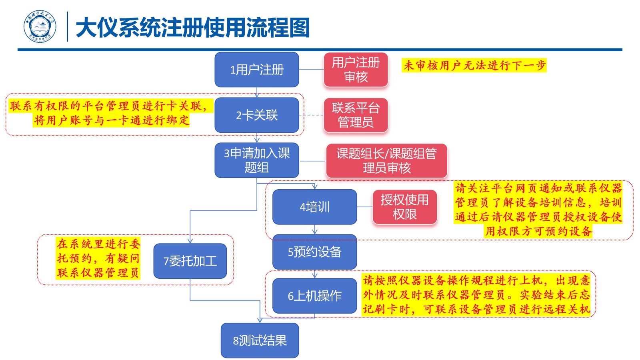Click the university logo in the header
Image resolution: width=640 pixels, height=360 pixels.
[x=40, y=27]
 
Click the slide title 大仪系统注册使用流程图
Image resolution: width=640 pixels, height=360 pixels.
[x=192, y=28]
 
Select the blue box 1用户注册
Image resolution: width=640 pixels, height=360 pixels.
[x=257, y=70]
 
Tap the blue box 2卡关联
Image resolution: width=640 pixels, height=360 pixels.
[x=257, y=115]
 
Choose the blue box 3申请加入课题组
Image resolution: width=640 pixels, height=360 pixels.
[x=257, y=160]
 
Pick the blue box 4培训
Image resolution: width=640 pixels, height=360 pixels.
[x=314, y=207]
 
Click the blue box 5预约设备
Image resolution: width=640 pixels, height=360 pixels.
[x=314, y=252]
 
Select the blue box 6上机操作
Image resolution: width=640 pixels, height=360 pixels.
[x=314, y=296]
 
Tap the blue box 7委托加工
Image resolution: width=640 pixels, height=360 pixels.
[x=190, y=261]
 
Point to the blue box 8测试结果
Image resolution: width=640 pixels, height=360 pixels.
[x=260, y=340]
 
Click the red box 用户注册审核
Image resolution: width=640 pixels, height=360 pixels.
[x=356, y=70]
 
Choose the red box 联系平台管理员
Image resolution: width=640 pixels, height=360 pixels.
[x=356, y=115]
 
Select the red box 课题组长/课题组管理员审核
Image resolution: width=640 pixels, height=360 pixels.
[x=386, y=160]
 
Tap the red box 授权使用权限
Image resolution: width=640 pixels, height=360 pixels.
[x=404, y=207]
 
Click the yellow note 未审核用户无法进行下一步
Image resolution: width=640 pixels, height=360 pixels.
[x=474, y=65]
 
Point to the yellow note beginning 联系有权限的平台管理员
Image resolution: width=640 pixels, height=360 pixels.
[x=110, y=113]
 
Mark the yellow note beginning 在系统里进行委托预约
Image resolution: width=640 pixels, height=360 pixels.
[x=98, y=258]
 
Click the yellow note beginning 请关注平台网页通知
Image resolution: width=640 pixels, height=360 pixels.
[x=538, y=209]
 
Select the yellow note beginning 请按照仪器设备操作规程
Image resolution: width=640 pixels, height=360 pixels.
[x=476, y=295]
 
